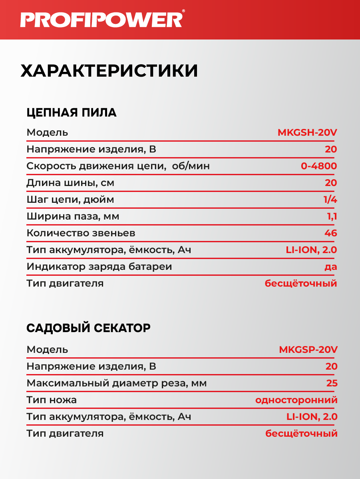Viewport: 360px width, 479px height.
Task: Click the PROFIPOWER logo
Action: [x=102, y=19]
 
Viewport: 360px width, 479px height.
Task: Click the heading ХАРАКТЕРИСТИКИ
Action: [x=109, y=71]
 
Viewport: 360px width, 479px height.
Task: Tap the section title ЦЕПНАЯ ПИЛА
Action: [x=72, y=113]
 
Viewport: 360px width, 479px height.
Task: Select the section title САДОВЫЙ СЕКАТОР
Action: [x=88, y=328]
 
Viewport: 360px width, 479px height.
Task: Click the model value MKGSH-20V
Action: [x=307, y=133]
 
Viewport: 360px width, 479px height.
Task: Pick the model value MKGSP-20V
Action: [x=308, y=350]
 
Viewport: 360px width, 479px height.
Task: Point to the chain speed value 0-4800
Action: [x=319, y=166]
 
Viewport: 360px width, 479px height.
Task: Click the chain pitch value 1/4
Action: [x=330, y=200]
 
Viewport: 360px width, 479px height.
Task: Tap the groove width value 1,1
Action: [x=332, y=216]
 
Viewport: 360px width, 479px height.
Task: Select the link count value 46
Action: [x=331, y=233]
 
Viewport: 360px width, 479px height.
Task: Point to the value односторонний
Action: [x=296, y=400]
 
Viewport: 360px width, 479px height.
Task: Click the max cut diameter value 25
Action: [x=332, y=383]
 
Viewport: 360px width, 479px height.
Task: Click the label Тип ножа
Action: [x=52, y=400]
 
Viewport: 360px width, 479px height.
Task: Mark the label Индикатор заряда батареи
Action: [x=99, y=267]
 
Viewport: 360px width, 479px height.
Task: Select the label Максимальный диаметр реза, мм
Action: [x=117, y=383]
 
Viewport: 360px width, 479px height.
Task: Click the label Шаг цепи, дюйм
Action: [x=70, y=200]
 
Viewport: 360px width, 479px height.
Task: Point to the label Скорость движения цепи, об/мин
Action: [x=118, y=166]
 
